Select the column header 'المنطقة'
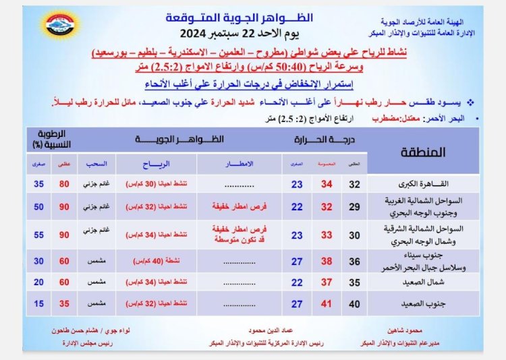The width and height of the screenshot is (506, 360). (x=427, y=152)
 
